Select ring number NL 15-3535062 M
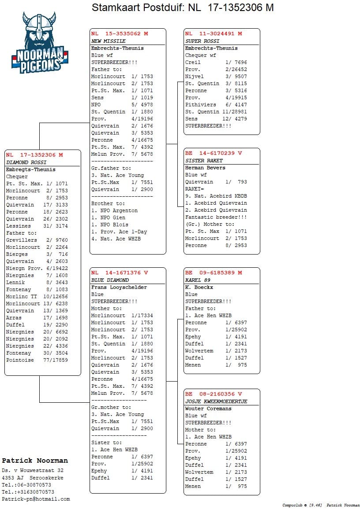[120, 34]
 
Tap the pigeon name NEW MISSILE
[108, 41]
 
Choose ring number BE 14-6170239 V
[214, 153]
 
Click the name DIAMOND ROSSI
[26, 162]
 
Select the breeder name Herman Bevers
[205, 168]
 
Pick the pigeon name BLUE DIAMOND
[110, 280]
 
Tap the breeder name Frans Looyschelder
[119, 287]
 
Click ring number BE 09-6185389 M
[214, 273]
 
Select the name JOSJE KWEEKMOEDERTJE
[216, 401]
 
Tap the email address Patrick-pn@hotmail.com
[36, 499]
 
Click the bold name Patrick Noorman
[35, 461]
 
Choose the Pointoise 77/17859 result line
[37, 360]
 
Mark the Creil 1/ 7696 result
[216, 62]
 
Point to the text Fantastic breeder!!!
[216, 217]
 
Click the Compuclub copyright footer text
[321, 505]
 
